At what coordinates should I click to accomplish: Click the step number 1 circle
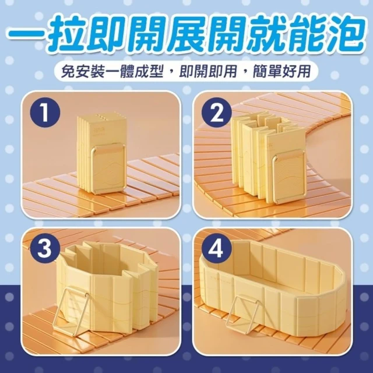click(x=45, y=112)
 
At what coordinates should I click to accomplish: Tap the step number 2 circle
click(x=217, y=112)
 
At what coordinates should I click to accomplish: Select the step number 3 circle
click(x=45, y=249)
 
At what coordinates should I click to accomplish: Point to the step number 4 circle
click(x=217, y=249)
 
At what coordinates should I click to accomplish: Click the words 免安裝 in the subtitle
click(x=83, y=71)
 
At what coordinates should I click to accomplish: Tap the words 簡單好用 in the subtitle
click(x=281, y=71)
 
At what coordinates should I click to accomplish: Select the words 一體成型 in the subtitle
click(x=134, y=71)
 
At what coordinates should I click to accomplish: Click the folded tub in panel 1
click(x=103, y=154)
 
